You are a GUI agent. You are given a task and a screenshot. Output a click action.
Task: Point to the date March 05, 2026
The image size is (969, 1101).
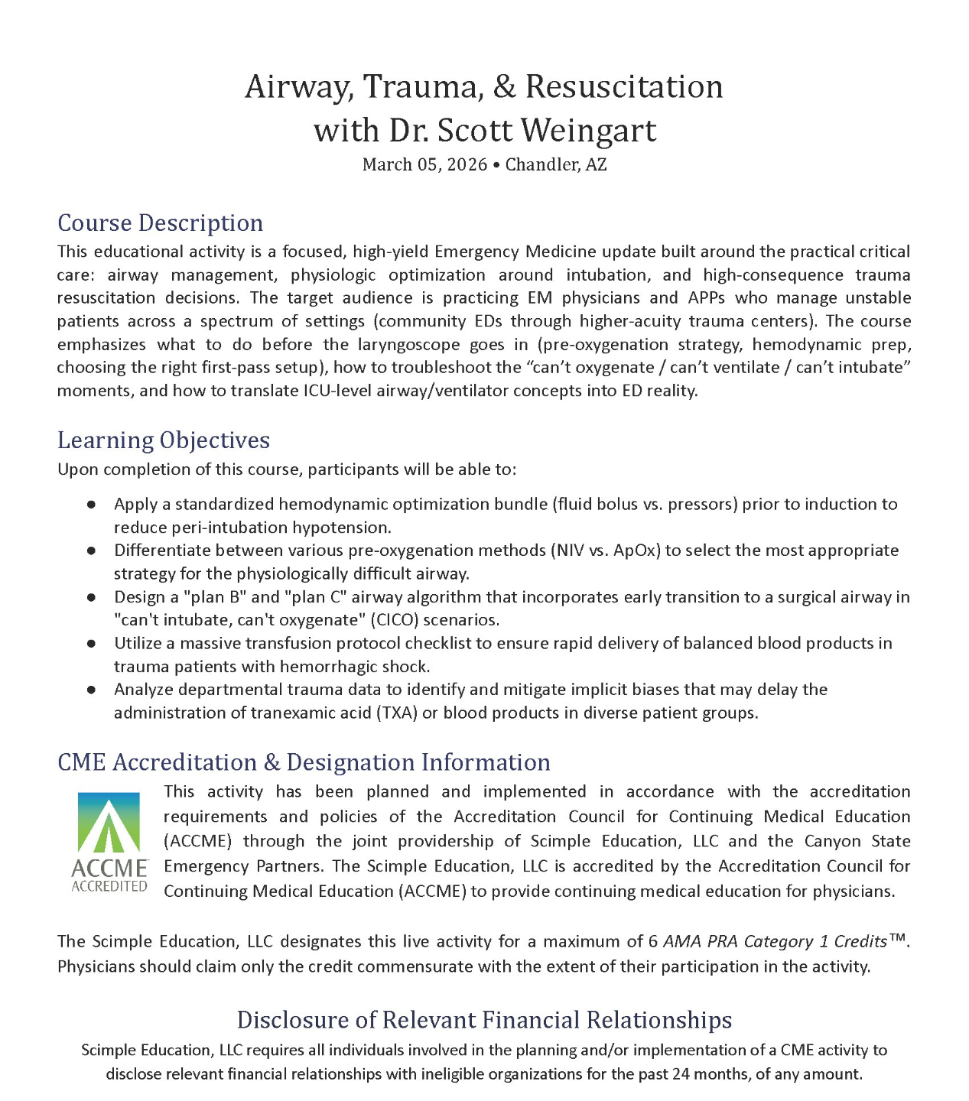point(424,164)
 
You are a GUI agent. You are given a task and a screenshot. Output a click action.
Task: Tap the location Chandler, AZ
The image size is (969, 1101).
point(556,164)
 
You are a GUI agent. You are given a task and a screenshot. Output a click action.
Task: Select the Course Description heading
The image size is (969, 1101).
point(160,222)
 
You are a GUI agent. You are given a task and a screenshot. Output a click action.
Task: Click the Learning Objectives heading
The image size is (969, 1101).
point(164,440)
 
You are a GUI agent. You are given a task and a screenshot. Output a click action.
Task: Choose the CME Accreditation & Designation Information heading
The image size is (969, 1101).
point(304,762)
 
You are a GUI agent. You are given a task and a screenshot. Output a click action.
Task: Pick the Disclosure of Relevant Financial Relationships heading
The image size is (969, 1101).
point(484,1019)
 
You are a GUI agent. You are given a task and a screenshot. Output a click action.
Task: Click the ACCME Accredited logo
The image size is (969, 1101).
point(109,841)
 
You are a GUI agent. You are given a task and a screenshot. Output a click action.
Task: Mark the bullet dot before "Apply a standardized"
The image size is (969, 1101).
point(91,505)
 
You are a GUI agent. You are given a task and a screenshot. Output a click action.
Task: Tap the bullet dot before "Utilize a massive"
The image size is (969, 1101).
point(91,644)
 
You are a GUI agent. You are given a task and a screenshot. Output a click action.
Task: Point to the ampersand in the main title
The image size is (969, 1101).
point(505,86)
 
